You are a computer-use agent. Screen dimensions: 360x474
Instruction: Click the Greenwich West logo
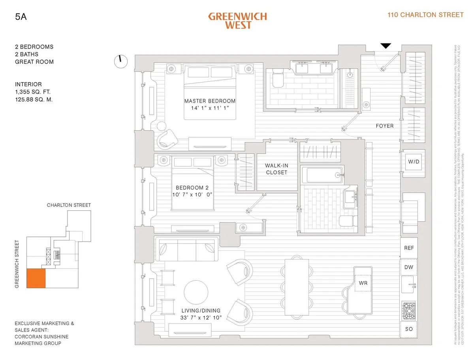tap(237, 21)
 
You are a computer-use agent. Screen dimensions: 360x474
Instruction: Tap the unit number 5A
tap(20, 17)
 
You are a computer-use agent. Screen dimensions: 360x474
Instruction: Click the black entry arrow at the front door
tap(386, 46)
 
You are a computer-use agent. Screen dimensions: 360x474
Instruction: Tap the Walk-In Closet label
tap(276, 169)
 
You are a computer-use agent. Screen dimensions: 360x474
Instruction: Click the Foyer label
tap(384, 126)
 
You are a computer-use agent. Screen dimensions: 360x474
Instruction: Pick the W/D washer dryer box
tap(413, 161)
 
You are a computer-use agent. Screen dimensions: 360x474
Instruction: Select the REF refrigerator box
tap(409, 248)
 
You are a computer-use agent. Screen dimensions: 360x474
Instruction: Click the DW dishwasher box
tap(409, 267)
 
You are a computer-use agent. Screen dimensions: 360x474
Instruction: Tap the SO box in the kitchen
tap(409, 329)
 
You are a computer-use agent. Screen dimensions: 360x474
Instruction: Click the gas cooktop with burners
tap(408, 311)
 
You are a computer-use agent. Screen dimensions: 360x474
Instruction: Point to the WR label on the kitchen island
tap(363, 283)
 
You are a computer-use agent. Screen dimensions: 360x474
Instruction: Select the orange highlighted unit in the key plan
tap(36, 278)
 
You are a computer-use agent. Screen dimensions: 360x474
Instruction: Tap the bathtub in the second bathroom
tap(321, 174)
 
